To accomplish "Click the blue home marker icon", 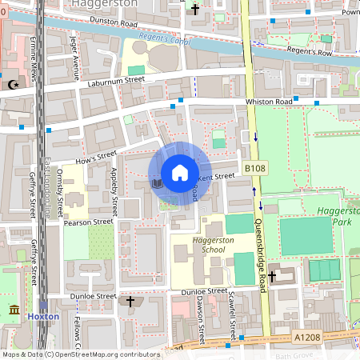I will [180, 173].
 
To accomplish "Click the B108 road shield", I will [254, 168].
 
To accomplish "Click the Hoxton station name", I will [43, 316].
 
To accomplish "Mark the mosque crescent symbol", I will [12, 84].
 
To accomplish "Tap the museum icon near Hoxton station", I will [14, 310].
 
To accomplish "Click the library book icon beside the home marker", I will [157, 184].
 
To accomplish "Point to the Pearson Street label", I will [88, 222].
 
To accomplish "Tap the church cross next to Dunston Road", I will [196, 10].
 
